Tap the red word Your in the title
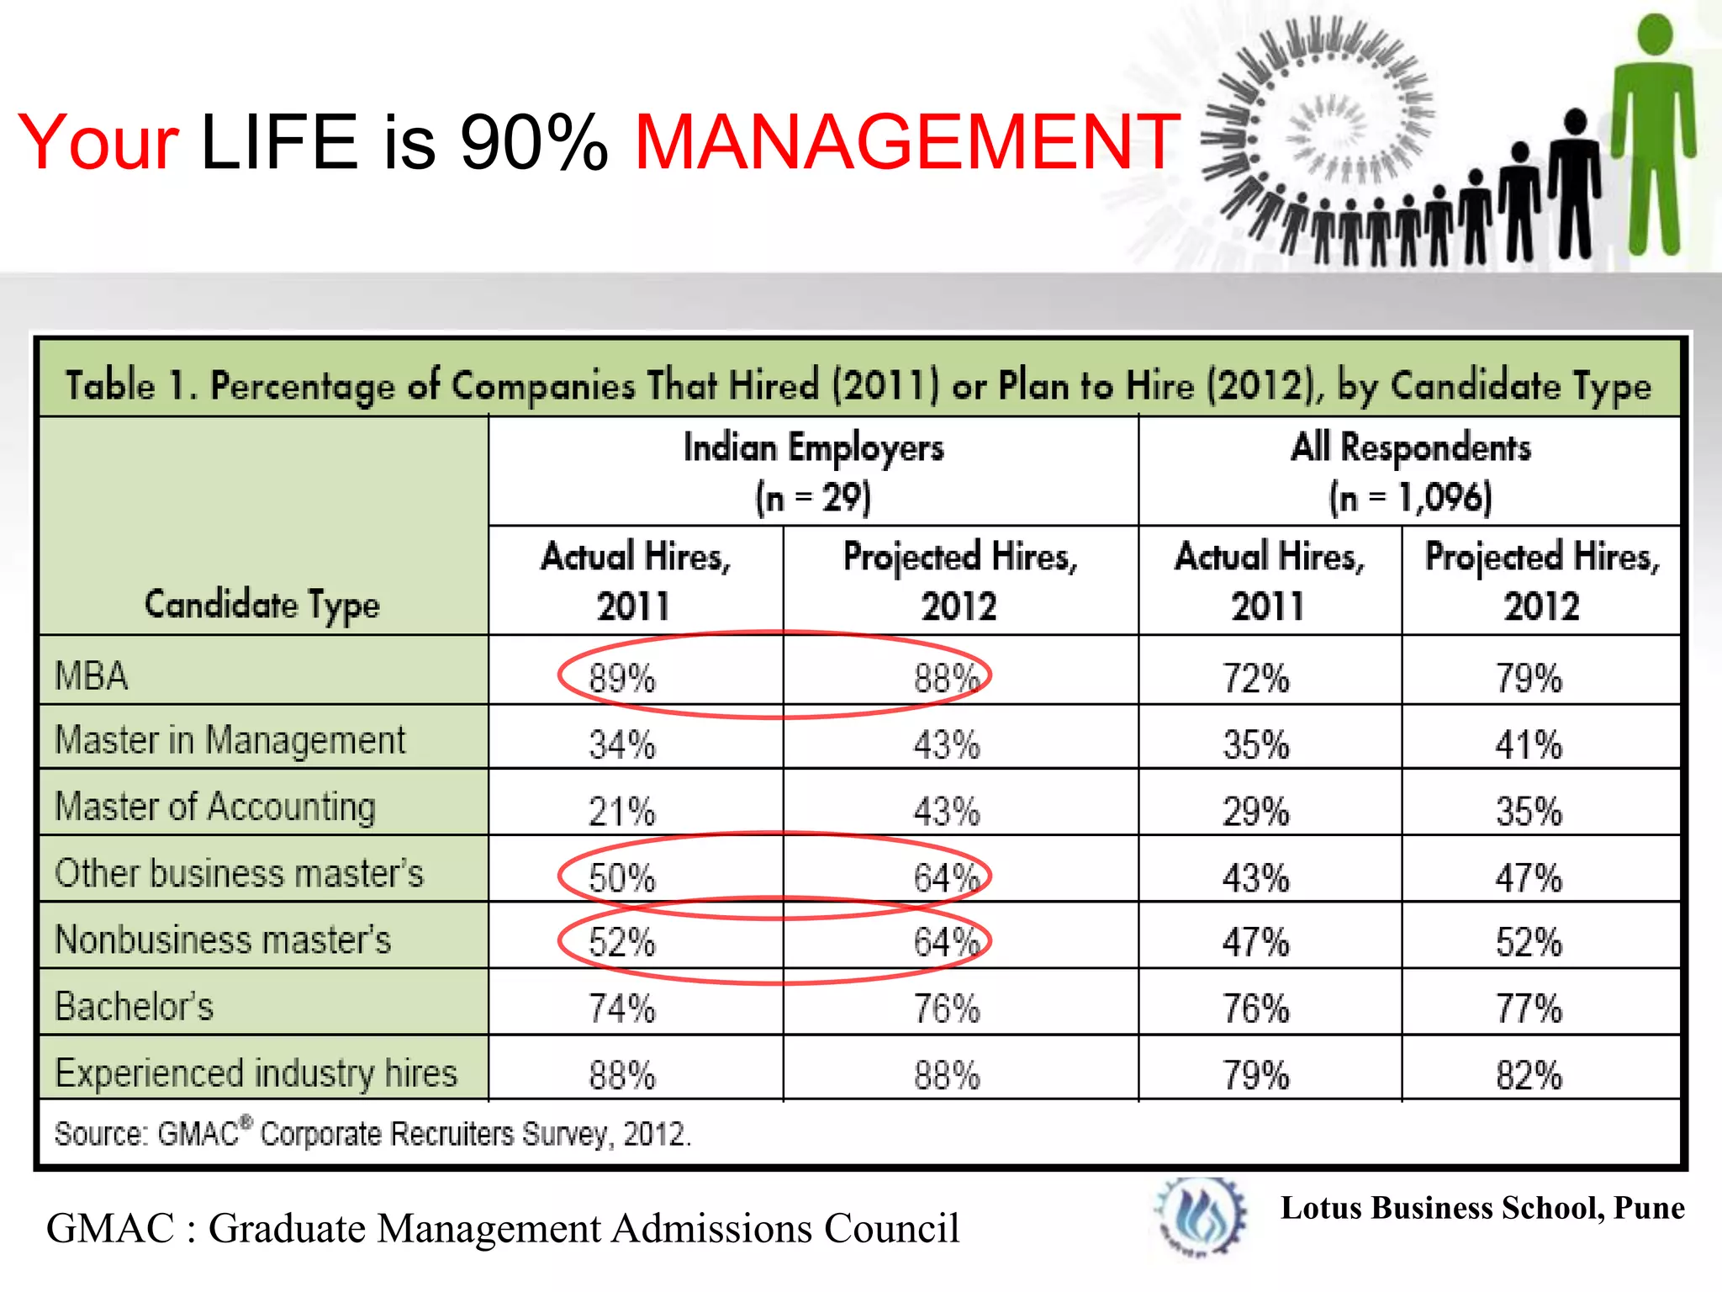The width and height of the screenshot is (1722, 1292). point(98,143)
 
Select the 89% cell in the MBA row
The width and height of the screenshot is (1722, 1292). point(621,678)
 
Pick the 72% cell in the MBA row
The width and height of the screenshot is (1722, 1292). point(1255,678)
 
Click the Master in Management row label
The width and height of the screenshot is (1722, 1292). point(230,740)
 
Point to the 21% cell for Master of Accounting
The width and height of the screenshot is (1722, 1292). point(621,811)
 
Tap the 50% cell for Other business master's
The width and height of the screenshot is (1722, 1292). point(621,878)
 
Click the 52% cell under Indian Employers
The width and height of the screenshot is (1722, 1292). point(621,942)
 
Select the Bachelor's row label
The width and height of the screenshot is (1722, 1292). point(135,1006)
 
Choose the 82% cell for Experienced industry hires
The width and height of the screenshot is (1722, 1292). point(1528,1075)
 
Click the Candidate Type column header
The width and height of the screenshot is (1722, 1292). point(261,604)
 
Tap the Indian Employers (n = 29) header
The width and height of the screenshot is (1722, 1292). point(813,471)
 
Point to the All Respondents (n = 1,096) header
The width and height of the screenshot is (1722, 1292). point(1410,471)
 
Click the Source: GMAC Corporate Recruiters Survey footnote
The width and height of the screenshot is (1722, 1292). point(372,1134)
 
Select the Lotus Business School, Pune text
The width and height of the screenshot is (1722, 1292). point(1482,1208)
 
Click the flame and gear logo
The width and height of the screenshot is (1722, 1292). point(1201,1216)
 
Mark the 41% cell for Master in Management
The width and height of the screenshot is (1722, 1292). point(1528,744)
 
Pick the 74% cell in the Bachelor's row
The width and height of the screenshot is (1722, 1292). point(621,1008)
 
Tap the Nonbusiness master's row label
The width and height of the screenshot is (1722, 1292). point(223,940)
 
